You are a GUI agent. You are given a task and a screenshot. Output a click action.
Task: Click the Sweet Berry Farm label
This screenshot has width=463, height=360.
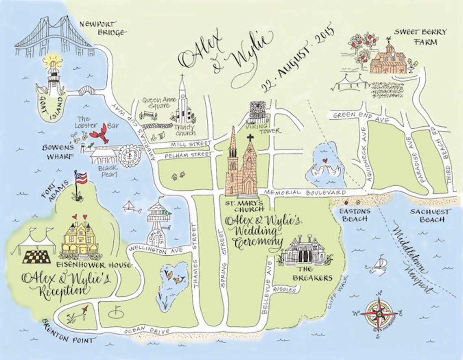pos(414,37)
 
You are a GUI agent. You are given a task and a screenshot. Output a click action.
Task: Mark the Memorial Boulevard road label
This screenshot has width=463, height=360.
pos(305,192)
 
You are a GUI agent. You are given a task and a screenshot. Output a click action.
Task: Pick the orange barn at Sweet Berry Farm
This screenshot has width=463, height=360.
pos(387,60)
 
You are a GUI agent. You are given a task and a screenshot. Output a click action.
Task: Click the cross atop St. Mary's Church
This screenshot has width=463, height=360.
pos(250,138)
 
